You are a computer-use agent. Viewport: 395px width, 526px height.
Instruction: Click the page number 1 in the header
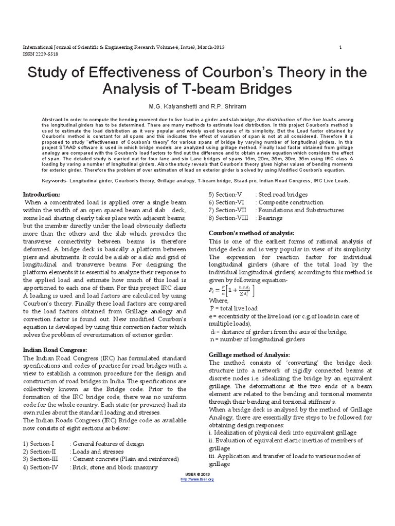coord(340,47)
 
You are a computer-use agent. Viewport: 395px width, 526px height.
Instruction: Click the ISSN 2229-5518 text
coord(39,53)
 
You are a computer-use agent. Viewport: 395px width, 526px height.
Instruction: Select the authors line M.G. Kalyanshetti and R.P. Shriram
coord(197,106)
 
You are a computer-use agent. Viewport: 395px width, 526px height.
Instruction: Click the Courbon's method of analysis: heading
coord(247,232)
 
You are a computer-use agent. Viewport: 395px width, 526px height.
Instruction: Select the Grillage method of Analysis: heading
coord(249,355)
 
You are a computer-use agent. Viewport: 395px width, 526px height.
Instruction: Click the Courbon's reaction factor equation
coord(231,291)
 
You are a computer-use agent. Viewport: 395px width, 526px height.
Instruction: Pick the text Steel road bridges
coord(283,195)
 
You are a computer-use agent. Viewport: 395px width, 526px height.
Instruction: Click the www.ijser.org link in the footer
coord(197,479)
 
